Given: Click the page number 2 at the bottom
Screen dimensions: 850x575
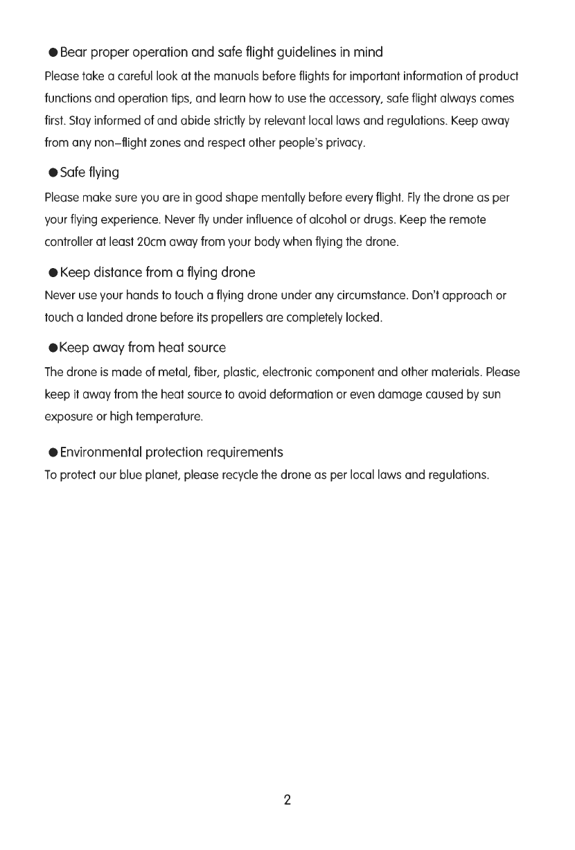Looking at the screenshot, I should [x=287, y=800].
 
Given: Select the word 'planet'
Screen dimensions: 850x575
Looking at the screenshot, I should [x=162, y=477].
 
